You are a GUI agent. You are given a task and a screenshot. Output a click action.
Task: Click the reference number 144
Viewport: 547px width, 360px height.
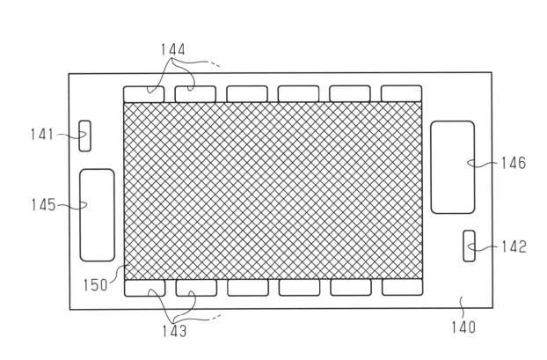click(x=172, y=49)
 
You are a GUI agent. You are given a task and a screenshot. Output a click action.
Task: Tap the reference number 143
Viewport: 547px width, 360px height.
click(x=174, y=331)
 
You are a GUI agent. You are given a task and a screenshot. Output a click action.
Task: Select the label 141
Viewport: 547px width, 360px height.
click(x=42, y=135)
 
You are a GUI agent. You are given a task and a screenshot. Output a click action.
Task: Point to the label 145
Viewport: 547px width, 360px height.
click(x=43, y=205)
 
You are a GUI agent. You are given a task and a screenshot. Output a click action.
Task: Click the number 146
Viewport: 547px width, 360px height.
click(x=514, y=163)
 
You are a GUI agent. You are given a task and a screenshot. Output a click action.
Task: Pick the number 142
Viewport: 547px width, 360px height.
click(x=514, y=246)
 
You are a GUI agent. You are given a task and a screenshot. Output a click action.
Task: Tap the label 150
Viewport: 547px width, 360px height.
click(x=95, y=285)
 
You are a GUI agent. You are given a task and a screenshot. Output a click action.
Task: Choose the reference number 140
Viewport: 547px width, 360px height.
click(x=463, y=327)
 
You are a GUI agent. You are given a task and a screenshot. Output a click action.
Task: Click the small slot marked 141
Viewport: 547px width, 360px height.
click(x=84, y=136)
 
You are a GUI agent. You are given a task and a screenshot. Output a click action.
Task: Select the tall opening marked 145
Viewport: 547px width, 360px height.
click(x=98, y=215)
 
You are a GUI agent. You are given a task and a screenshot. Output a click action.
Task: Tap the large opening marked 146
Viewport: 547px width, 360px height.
click(x=453, y=167)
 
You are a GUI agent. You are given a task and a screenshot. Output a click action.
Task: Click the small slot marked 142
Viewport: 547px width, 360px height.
click(x=470, y=246)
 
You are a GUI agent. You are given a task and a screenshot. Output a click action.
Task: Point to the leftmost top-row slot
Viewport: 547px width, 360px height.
click(x=143, y=94)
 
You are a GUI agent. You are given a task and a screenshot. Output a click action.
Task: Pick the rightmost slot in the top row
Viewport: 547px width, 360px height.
click(x=402, y=93)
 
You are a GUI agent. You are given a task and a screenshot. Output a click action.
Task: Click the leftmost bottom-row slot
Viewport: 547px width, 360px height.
click(x=145, y=288)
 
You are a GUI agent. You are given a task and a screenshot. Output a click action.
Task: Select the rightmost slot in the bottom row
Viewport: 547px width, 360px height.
click(x=402, y=287)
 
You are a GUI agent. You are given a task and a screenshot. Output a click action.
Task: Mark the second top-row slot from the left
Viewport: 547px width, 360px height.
click(x=195, y=94)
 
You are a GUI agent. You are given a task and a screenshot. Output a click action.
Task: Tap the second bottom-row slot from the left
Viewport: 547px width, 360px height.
click(x=196, y=288)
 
